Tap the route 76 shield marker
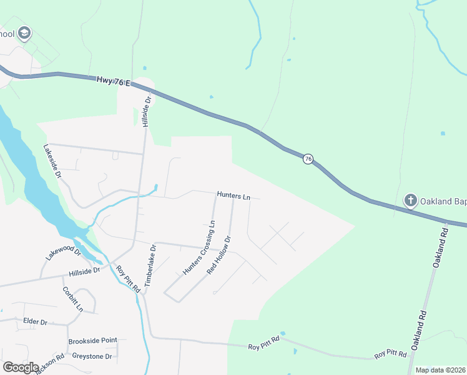(308, 159)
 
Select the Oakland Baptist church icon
(410, 200)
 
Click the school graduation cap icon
(24, 33)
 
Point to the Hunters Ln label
(234, 196)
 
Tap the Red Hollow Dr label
(219, 255)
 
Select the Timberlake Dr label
(150, 266)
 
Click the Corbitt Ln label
(72, 299)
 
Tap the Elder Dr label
(35, 321)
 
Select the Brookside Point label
(92, 341)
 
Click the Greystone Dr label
(92, 356)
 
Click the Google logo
(21, 367)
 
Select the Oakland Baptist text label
(444, 201)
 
